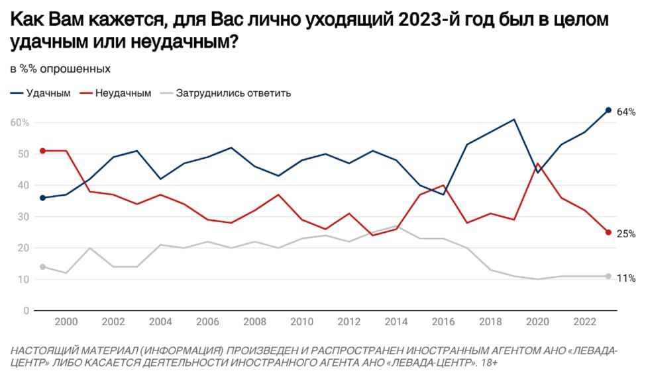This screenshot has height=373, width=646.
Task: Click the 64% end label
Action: [626, 112]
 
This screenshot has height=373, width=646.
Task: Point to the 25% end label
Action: [626, 233]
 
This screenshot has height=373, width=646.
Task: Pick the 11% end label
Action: [626, 278]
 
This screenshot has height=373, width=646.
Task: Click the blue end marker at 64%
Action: [608, 110]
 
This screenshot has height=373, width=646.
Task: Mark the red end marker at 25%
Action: [608, 232]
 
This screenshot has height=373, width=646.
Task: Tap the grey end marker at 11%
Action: [608, 276]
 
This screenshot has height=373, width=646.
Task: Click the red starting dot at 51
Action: [43, 151]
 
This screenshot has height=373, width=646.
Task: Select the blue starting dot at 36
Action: [43, 198]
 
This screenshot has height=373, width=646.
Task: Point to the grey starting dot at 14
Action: [43, 267]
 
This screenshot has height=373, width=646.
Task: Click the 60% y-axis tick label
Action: [19, 122]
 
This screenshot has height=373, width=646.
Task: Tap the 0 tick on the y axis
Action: [26, 311]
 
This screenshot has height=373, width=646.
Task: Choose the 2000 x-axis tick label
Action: [66, 322]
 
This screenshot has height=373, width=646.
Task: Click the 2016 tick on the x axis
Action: [443, 322]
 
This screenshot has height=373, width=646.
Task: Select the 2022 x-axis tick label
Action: [584, 322]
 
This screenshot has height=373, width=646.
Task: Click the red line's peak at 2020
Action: [537, 163]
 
